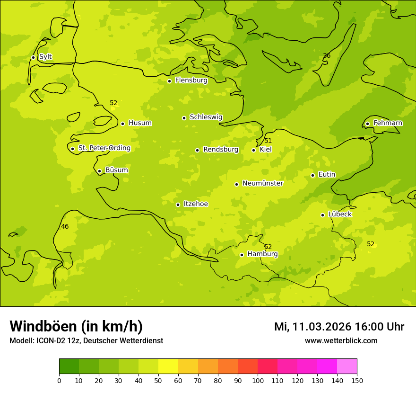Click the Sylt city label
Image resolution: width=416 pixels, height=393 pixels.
coord(45,57)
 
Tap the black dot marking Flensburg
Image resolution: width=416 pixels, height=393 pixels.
coord(169,81)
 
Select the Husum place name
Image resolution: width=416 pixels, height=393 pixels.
coord(140,123)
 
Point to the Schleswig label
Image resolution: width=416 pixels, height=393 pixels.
coord(206,117)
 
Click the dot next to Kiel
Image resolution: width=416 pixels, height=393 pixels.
coord(253,150)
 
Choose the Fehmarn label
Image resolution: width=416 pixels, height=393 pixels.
coord(388,123)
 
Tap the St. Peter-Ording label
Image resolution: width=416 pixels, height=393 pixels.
coord(104,148)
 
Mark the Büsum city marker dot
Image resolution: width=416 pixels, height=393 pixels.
coord(99,171)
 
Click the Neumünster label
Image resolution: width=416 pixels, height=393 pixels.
coord(262,183)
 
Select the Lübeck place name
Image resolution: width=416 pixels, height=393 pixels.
coord(339,214)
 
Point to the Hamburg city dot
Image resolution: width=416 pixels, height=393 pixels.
coord(242,255)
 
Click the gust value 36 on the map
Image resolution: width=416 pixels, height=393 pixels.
coord(327,56)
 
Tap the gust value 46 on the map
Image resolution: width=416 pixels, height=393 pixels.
coord(65,227)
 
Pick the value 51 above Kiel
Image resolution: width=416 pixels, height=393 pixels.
coord(268,141)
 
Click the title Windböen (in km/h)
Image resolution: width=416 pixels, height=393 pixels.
coord(76,326)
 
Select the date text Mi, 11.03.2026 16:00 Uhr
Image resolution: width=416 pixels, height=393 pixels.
coord(339,327)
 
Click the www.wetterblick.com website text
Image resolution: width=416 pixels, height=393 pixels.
coord(341,340)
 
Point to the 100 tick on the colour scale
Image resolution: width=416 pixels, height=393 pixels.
coord(258,380)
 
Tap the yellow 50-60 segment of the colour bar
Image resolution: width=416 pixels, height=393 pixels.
coord(168,366)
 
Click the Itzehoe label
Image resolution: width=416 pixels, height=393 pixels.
coord(196,204)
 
